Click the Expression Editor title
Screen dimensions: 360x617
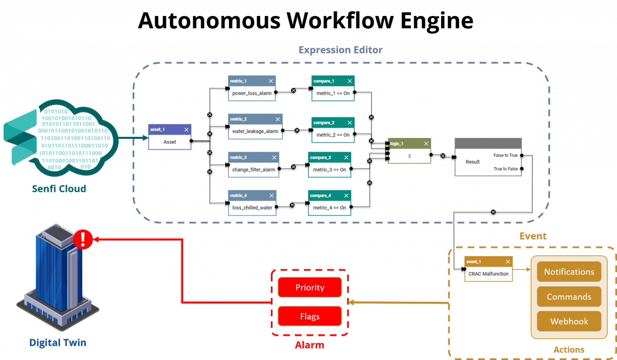pyautogui.click(x=340, y=50)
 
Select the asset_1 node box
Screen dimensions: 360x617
pyautogui.click(x=170, y=137)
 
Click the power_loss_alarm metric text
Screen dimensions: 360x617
pyautogui.click(x=252, y=94)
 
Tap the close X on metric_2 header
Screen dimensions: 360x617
pyautogui.click(x=278, y=119)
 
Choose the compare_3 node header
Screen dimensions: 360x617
pyautogui.click(x=330, y=157)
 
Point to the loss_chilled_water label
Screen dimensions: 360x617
pyautogui.click(x=252, y=208)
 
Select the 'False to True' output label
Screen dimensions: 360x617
pyautogui.click(x=505, y=155)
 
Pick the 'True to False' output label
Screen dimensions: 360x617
pyautogui.click(x=505, y=169)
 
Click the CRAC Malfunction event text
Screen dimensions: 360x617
pyautogui.click(x=488, y=274)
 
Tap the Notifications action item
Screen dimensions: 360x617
pyautogui.click(x=569, y=272)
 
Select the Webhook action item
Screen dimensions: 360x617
pyautogui.click(x=569, y=321)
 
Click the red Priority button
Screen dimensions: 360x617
pyautogui.click(x=310, y=287)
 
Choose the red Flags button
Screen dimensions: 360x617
pyautogui.click(x=310, y=316)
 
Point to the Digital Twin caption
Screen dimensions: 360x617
pyautogui.click(x=58, y=343)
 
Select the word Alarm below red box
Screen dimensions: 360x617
pyautogui.click(x=309, y=345)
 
